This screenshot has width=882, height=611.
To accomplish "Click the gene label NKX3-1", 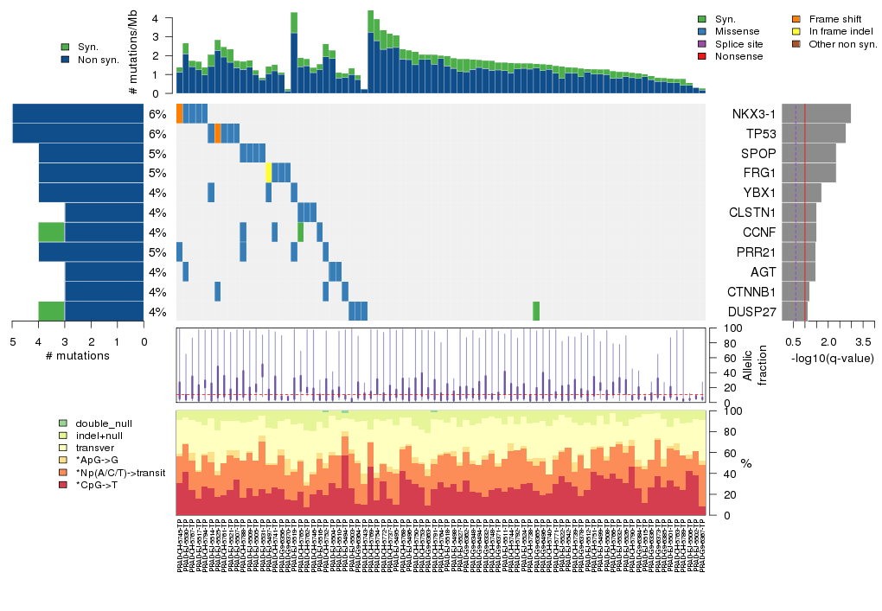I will coord(753,114).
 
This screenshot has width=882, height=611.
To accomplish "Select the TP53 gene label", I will coord(759,134).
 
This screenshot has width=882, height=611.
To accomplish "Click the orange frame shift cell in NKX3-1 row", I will coord(179,113).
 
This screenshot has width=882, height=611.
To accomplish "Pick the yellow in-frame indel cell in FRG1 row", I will coord(269,173).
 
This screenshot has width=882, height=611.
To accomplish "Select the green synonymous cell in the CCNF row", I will coord(300,232).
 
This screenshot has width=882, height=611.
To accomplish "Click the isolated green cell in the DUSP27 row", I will coord(536,311).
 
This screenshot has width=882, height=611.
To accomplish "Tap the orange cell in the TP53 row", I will coord(218,133).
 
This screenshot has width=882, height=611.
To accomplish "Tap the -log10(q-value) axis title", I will coord(832,359).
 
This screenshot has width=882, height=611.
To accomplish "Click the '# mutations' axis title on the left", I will coord(77,356).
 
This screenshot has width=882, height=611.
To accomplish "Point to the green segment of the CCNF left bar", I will coord(51,232).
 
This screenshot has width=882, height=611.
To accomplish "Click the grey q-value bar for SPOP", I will coord(808,153).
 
